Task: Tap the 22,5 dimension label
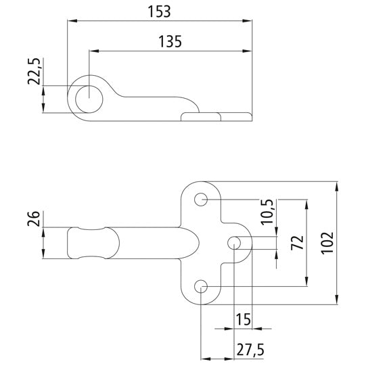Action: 35,71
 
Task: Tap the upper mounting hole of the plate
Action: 202,200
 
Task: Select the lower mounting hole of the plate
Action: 202,288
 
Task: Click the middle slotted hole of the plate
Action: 235,243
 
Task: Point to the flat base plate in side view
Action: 216,117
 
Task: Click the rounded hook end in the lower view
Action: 76,243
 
